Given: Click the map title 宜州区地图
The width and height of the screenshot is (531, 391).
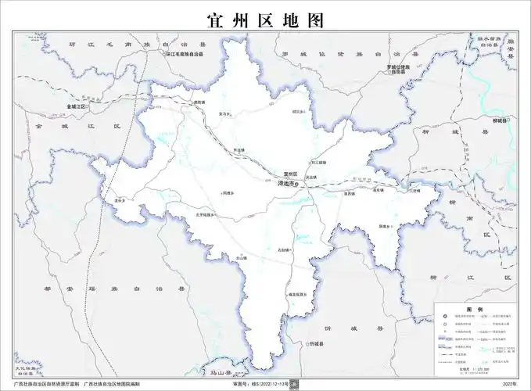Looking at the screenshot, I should [x=265, y=20].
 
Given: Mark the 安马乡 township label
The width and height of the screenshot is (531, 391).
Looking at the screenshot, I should [x=224, y=114].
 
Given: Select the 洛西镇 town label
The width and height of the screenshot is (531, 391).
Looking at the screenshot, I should [x=350, y=193].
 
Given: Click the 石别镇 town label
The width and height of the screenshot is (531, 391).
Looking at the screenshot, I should [x=283, y=250].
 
